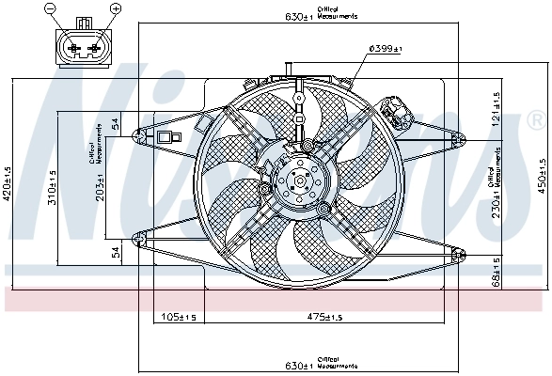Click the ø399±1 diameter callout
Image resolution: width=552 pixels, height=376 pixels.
click(386, 48)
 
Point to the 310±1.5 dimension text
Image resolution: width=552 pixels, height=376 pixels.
click(54, 188)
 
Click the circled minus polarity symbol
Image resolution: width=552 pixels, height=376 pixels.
click(50, 8)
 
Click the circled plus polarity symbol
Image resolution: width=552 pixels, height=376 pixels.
click(117, 8)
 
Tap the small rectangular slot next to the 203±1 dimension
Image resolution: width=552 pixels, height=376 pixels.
click(168, 138)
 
